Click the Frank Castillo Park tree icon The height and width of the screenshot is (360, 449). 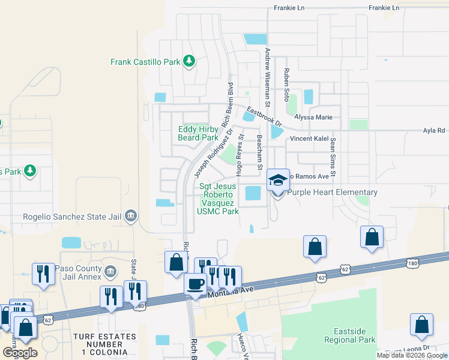point(189,61)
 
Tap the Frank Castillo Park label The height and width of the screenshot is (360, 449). point(145,61)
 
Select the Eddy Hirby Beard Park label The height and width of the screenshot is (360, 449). point(198,133)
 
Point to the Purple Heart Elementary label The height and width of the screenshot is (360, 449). point(333,192)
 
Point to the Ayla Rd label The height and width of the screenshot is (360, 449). point(434,130)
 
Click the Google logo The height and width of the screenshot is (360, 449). point(20,352)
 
